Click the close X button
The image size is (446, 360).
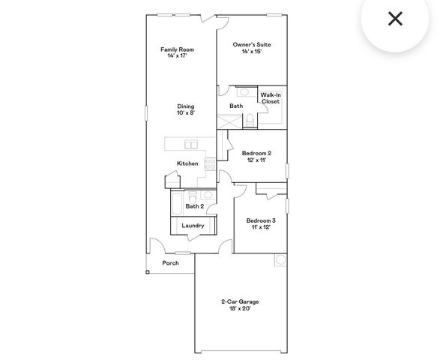click(x=395, y=19)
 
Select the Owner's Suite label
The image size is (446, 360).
click(x=252, y=45)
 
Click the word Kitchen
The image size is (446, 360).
click(x=187, y=163)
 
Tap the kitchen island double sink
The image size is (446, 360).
click(x=190, y=145)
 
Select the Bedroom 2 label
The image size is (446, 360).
click(x=256, y=153)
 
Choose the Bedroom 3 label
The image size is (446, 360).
click(x=261, y=220)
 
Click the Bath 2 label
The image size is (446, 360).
click(x=194, y=206)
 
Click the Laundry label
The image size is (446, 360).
click(x=193, y=225)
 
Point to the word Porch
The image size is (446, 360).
click(x=171, y=263)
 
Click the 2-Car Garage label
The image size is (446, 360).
click(x=240, y=301)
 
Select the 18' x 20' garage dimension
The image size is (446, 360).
click(x=240, y=308)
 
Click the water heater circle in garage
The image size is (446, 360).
click(x=281, y=260)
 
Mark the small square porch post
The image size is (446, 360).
click(x=148, y=271)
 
